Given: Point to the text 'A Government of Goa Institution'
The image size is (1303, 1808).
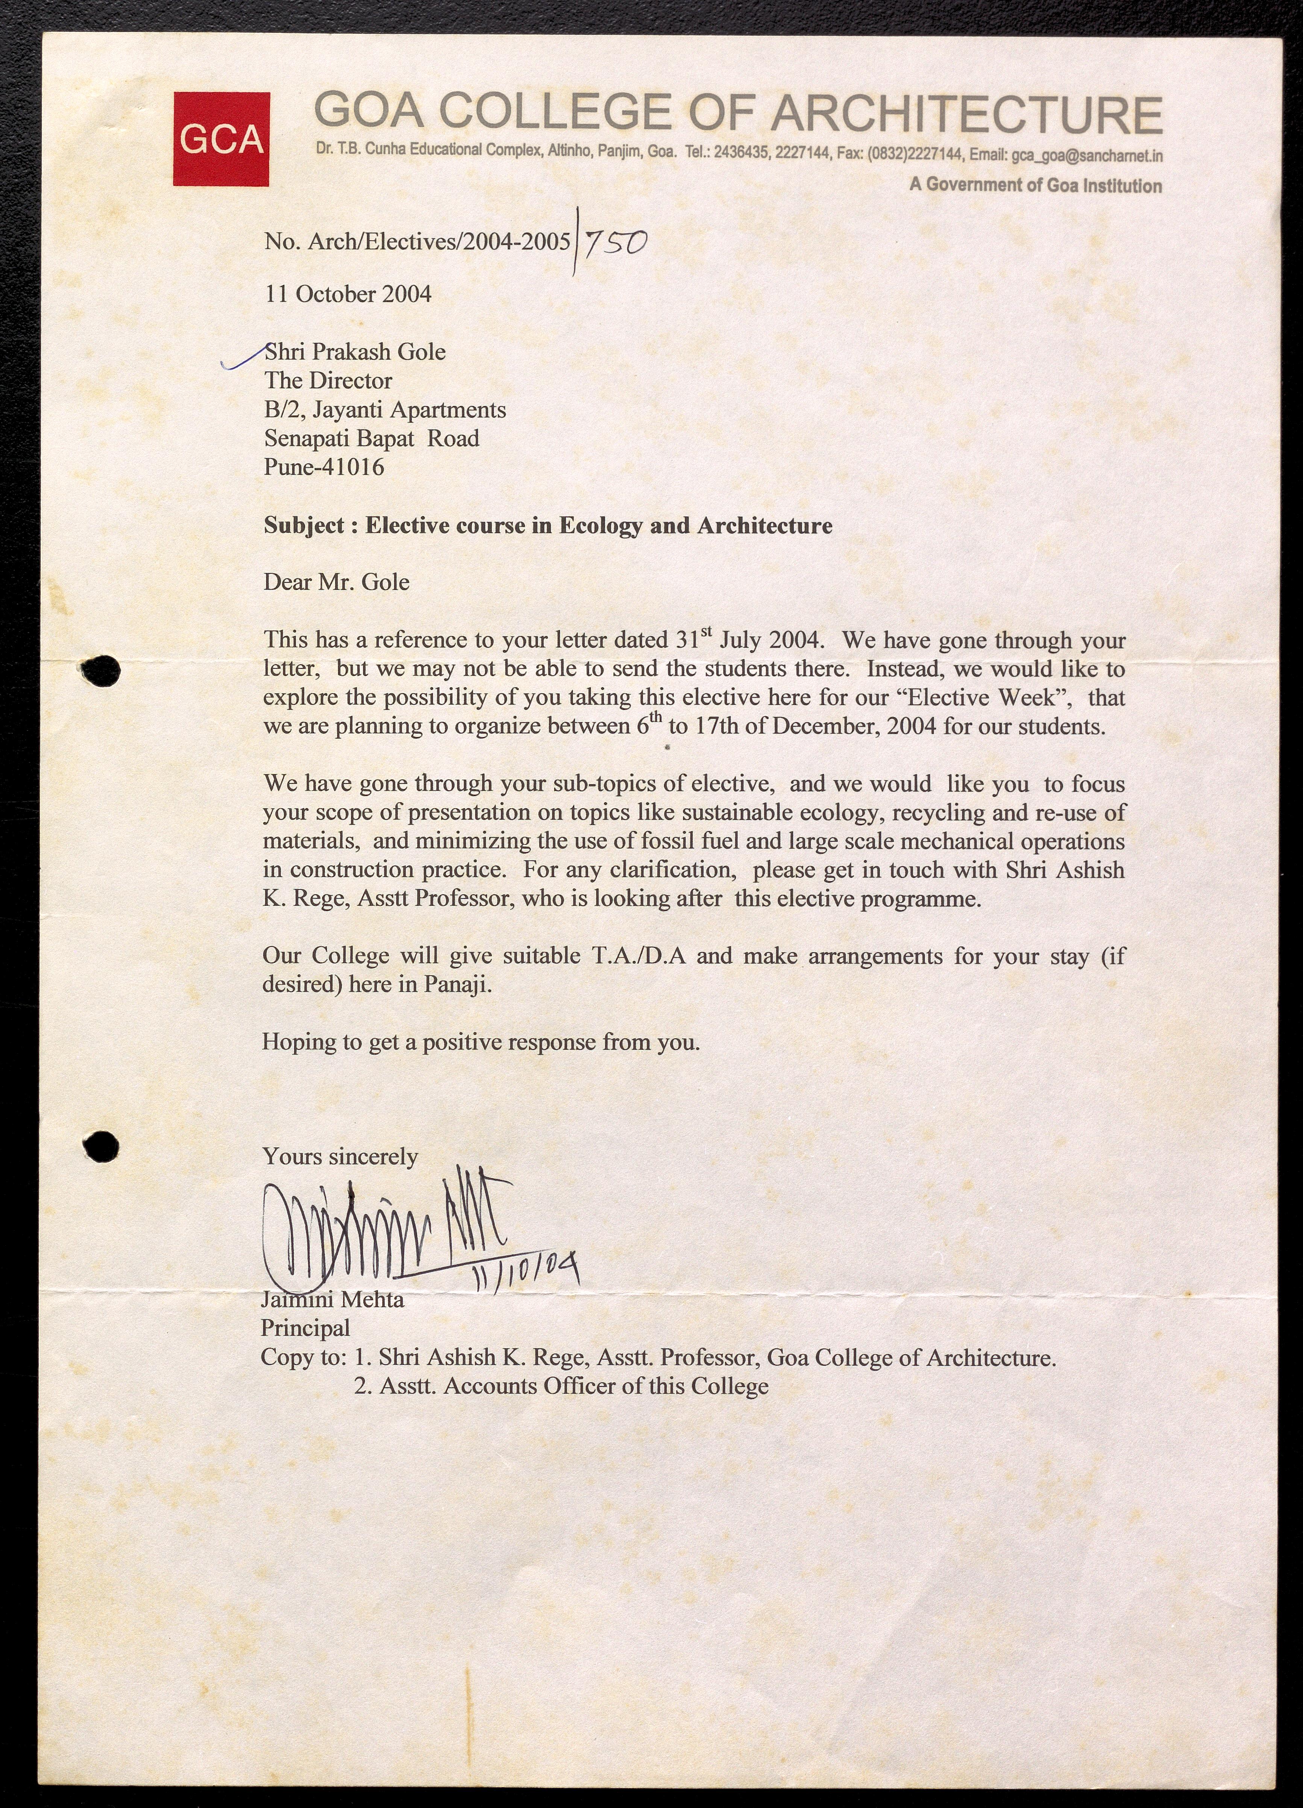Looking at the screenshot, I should click(x=1035, y=186).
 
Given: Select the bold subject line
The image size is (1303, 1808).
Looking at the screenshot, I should click(x=548, y=525).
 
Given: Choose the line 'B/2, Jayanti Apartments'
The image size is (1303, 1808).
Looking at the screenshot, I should click(x=385, y=410).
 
